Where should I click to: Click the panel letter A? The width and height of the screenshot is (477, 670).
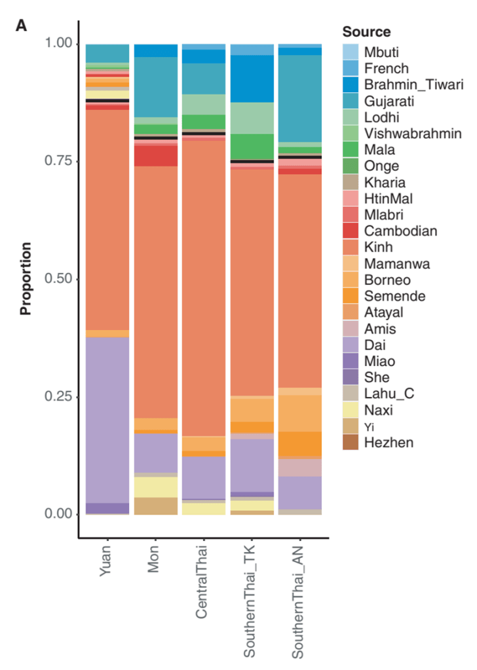22,26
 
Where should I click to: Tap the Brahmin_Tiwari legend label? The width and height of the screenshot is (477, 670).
414,85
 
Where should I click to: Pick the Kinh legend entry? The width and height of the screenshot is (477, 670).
378,248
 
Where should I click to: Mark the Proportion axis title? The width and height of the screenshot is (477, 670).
26,279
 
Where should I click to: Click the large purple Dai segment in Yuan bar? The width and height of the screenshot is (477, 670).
107,419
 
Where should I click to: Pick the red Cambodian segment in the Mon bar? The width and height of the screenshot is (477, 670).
155,156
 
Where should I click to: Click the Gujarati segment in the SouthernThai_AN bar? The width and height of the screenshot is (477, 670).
300,98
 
